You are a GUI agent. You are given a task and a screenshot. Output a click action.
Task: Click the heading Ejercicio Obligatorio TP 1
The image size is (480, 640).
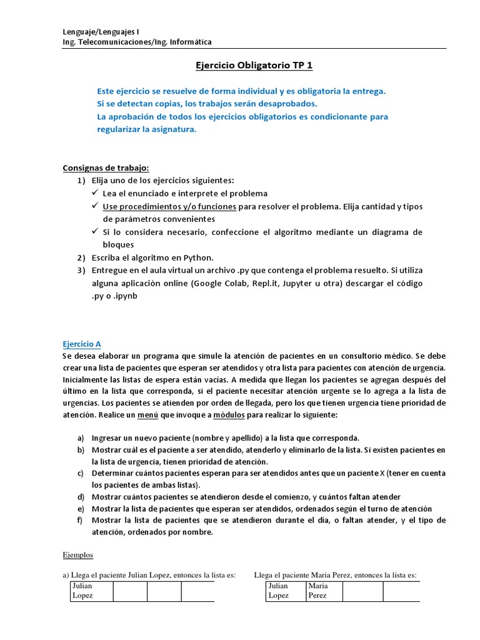(240, 66)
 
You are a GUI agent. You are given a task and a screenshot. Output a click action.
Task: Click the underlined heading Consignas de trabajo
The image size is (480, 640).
(106, 167)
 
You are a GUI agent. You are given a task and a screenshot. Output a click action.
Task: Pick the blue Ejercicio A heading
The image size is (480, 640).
(82, 344)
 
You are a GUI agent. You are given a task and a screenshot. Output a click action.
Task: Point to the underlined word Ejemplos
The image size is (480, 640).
(78, 554)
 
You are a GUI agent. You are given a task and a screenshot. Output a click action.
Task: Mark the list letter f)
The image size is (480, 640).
(80, 520)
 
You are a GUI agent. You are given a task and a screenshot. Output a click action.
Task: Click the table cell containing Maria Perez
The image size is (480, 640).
(317, 591)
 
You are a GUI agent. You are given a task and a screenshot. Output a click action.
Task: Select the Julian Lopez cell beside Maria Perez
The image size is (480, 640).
(279, 591)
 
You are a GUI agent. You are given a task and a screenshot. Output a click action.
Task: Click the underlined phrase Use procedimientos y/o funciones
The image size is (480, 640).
(169, 206)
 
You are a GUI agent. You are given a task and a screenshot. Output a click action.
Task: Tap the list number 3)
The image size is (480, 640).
(81, 271)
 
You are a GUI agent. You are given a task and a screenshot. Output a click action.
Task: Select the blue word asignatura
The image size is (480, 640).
(169, 129)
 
